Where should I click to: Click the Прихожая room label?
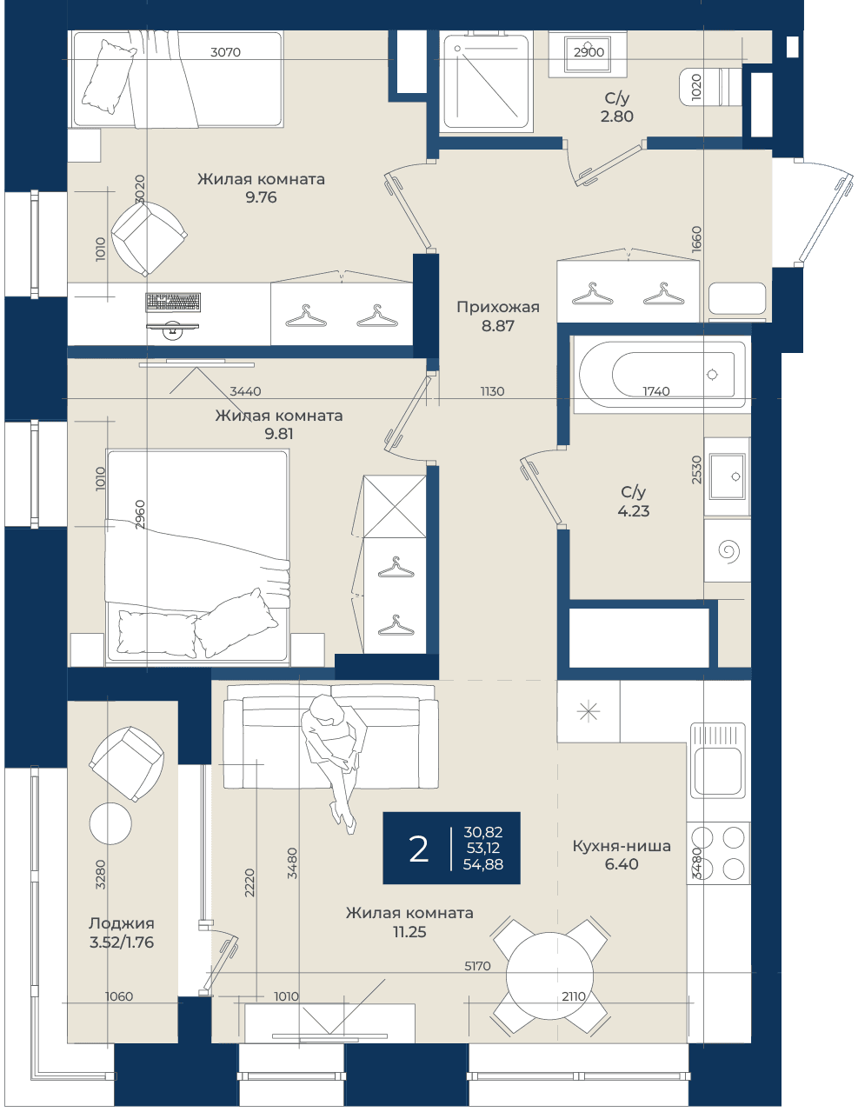pos(498,307)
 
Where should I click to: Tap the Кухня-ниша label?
pos(622,846)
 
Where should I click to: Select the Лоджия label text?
pos(121,923)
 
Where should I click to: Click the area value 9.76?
pos(261,197)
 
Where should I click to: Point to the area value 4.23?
pos(634,510)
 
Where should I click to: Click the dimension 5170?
pos(477,966)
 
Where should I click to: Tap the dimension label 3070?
pos(225,51)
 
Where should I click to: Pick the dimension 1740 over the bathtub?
pos(656,391)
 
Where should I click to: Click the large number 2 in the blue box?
pos(418,849)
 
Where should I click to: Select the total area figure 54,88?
pos(483,864)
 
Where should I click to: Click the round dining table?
pos(550,975)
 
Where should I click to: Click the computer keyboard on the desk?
pos(173,302)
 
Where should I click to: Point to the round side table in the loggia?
pos(110,823)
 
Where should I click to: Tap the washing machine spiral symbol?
pos(728,551)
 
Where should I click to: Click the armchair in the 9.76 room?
pos(149,238)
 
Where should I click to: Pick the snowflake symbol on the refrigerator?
pos(589,711)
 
